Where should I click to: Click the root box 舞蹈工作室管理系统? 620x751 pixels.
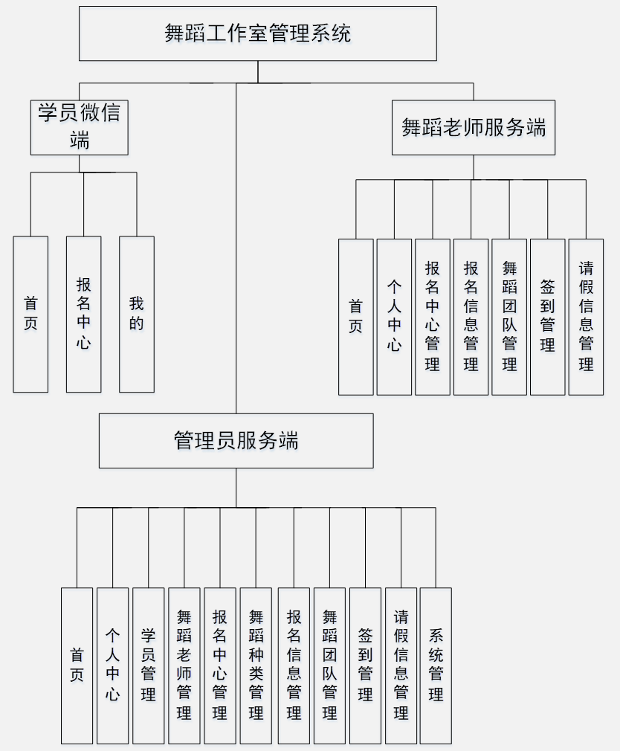click(258, 33)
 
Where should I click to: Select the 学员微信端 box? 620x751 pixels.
click(79, 127)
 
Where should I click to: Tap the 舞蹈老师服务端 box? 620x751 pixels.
click(474, 128)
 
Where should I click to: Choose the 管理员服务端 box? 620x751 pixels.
click(236, 441)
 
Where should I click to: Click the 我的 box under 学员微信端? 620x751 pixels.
click(137, 315)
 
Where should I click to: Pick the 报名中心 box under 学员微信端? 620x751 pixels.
click(83, 315)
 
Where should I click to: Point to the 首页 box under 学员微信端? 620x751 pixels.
click(30, 315)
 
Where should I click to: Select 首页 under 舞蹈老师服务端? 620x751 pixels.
click(356, 317)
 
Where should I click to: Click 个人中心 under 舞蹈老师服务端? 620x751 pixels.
click(394, 317)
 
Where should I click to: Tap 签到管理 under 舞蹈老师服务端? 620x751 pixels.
click(548, 317)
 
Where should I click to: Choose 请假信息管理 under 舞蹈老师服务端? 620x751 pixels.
click(586, 317)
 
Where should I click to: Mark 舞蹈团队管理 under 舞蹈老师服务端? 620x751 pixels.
click(509, 317)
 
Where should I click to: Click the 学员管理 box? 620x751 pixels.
click(149, 665)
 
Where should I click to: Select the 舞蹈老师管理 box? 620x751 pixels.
click(184, 665)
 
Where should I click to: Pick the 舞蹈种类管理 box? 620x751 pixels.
click(256, 665)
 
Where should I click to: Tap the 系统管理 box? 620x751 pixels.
click(436, 665)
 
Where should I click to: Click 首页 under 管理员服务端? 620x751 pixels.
click(77, 665)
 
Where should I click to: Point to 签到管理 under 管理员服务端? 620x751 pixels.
click(365, 665)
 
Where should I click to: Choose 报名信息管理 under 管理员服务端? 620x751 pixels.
click(294, 665)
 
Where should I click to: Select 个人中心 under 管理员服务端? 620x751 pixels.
click(113, 665)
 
